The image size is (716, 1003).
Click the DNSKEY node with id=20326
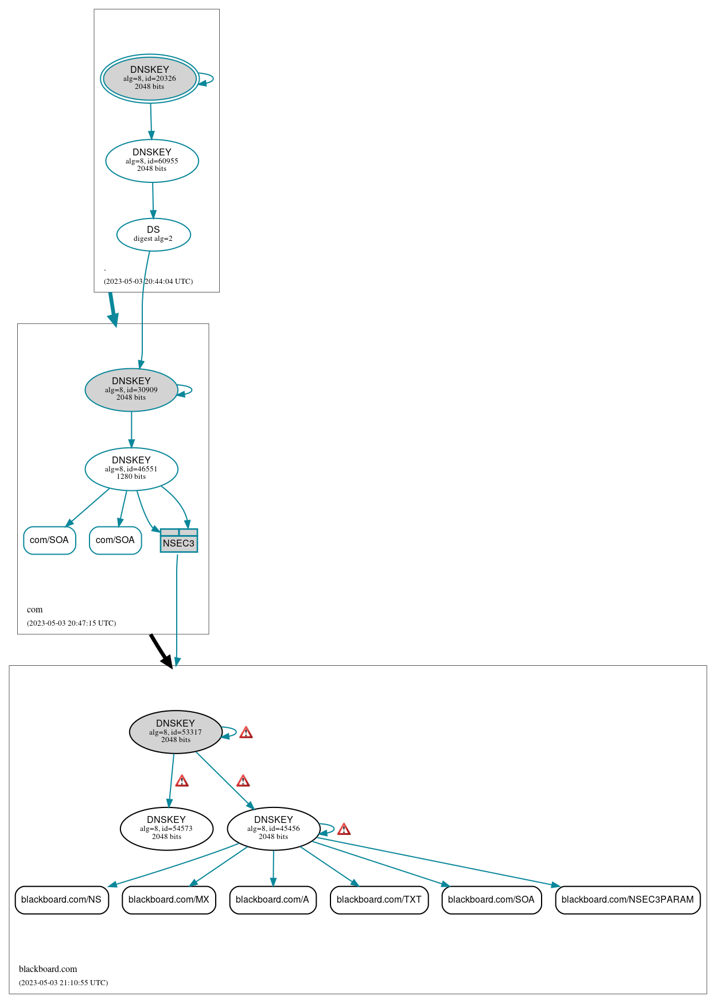[150, 79]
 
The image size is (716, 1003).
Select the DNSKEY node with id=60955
[152, 161]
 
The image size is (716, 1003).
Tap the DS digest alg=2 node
[153, 234]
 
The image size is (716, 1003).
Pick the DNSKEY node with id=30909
[131, 389]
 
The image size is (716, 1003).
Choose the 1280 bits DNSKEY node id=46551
[131, 469]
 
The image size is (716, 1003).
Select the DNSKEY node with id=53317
[176, 732]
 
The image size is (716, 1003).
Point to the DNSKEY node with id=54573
[166, 828]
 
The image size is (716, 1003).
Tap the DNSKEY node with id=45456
[274, 828]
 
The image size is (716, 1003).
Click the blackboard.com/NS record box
[61, 899]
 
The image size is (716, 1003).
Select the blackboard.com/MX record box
[169, 899]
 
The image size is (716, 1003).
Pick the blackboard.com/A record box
[273, 899]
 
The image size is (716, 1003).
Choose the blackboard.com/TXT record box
[379, 899]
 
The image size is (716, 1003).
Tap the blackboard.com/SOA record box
[491, 899]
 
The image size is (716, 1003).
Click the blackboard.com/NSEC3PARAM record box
[628, 899]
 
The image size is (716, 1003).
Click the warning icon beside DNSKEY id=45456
[344, 829]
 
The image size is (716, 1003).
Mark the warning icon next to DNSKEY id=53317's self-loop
[246, 732]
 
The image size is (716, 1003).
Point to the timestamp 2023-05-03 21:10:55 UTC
[63, 982]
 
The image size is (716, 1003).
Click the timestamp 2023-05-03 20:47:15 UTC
[71, 623]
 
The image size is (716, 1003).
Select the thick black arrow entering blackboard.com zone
[161, 651]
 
